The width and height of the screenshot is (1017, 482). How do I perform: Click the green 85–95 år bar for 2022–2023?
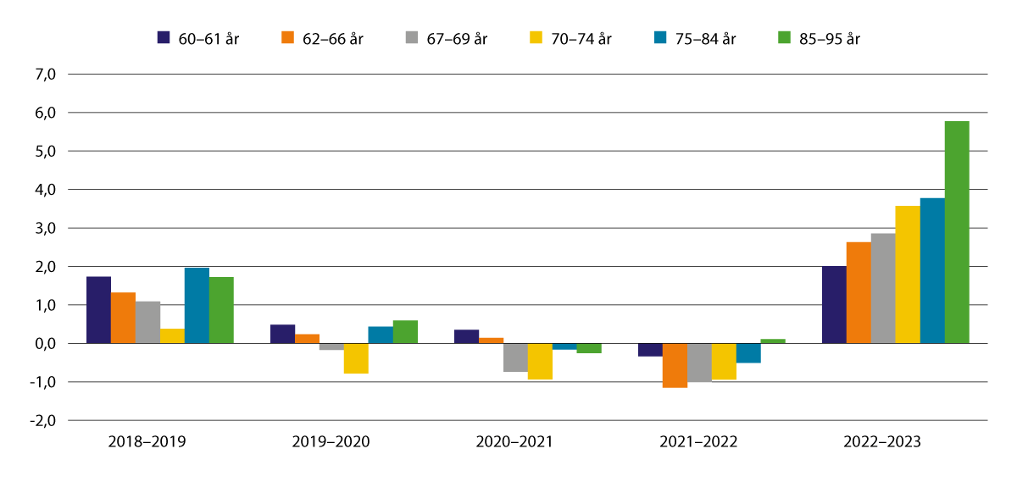[957, 232]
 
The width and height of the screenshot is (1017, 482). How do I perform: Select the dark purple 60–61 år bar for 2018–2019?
[98, 310]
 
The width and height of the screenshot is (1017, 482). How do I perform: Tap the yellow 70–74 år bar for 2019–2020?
[356, 358]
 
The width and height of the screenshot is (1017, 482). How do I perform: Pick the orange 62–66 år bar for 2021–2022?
[675, 365]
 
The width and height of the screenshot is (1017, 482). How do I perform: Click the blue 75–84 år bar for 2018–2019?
[197, 306]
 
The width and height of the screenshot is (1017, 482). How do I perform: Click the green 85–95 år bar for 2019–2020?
[405, 332]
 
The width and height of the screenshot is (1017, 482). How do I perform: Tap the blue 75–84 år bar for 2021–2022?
[748, 353]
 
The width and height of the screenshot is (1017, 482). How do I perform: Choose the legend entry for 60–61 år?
[198, 38]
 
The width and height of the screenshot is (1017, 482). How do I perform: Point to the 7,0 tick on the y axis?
[44, 75]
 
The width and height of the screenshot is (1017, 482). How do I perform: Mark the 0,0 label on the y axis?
[44, 344]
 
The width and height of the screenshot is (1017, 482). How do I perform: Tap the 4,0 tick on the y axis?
[44, 190]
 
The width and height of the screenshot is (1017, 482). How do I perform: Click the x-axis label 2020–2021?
[515, 442]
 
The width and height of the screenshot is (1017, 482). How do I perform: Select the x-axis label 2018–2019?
[147, 442]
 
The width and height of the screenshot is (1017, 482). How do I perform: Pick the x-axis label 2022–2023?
[882, 442]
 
